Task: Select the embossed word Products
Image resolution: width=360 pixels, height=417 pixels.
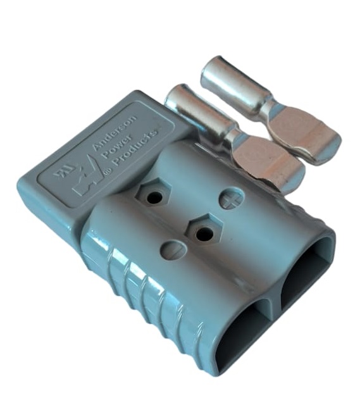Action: tap(135, 149)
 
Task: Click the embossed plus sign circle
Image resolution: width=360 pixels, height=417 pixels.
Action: tap(231, 199)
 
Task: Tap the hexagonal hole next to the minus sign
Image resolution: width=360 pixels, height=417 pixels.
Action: tap(202, 231)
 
